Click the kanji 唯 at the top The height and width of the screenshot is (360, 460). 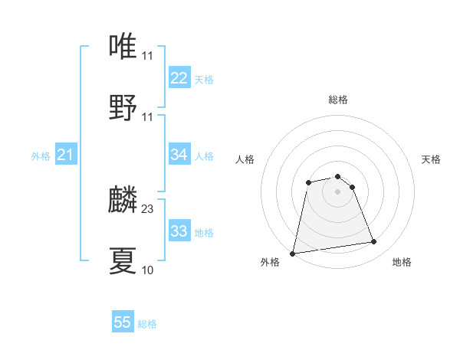123,46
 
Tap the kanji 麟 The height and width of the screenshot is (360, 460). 123,200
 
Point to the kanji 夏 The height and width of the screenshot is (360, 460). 123,260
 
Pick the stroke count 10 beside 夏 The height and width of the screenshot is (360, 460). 147,270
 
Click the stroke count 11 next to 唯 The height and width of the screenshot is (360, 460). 147,56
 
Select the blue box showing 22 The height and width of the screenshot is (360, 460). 179,78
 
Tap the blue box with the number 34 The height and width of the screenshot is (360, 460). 179,155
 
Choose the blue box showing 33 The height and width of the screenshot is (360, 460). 179,231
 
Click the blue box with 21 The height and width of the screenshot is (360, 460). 65,155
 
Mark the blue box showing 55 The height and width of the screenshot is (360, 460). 123,322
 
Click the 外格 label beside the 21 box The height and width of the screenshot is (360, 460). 41,156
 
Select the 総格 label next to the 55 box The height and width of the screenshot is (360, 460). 147,324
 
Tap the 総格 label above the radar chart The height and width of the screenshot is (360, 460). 338,100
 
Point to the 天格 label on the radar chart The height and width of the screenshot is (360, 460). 431,159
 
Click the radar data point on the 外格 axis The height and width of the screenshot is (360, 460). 293,254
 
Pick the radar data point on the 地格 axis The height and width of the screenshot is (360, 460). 374,242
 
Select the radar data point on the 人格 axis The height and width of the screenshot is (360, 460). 308,182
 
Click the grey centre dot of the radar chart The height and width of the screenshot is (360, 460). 338,191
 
